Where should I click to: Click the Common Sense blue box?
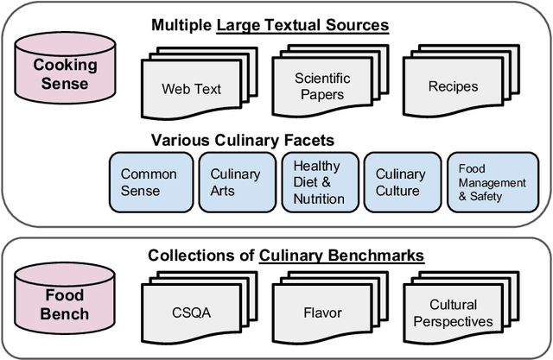click(149, 182)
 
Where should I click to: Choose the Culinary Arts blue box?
click(234, 182)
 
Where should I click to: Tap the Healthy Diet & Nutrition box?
click(317, 182)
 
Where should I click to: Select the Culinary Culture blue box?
click(400, 182)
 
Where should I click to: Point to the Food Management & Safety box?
click(491, 182)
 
